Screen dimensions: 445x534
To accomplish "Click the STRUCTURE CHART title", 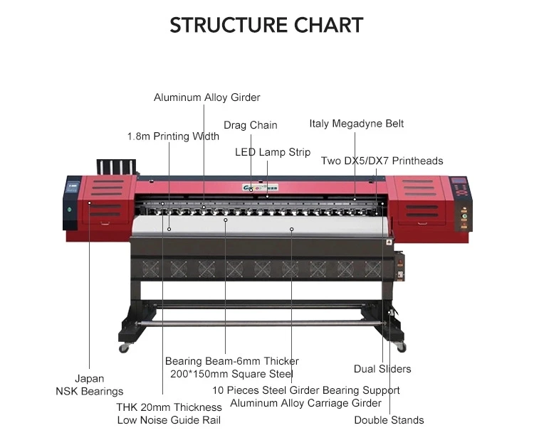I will click(x=266, y=26).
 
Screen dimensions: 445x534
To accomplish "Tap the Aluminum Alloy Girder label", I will click(x=207, y=97).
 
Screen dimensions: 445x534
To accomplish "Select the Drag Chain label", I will click(x=251, y=125).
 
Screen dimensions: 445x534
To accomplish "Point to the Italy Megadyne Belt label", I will click(x=357, y=124).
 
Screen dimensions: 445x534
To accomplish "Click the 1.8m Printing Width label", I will click(x=173, y=136).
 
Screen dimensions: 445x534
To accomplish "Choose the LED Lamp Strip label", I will click(x=273, y=152).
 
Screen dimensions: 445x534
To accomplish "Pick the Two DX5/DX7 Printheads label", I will click(x=382, y=161).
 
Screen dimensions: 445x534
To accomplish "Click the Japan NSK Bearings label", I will click(x=90, y=385).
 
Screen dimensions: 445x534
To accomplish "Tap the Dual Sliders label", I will click(x=382, y=369).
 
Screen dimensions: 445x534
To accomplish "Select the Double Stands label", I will click(x=389, y=420).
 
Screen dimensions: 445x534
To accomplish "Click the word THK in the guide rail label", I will click(x=130, y=407).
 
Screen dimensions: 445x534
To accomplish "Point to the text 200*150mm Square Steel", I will click(x=231, y=374).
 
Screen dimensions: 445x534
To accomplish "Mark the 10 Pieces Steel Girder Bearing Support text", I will click(x=306, y=390).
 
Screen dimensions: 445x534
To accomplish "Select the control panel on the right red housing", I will click(x=461, y=188).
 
